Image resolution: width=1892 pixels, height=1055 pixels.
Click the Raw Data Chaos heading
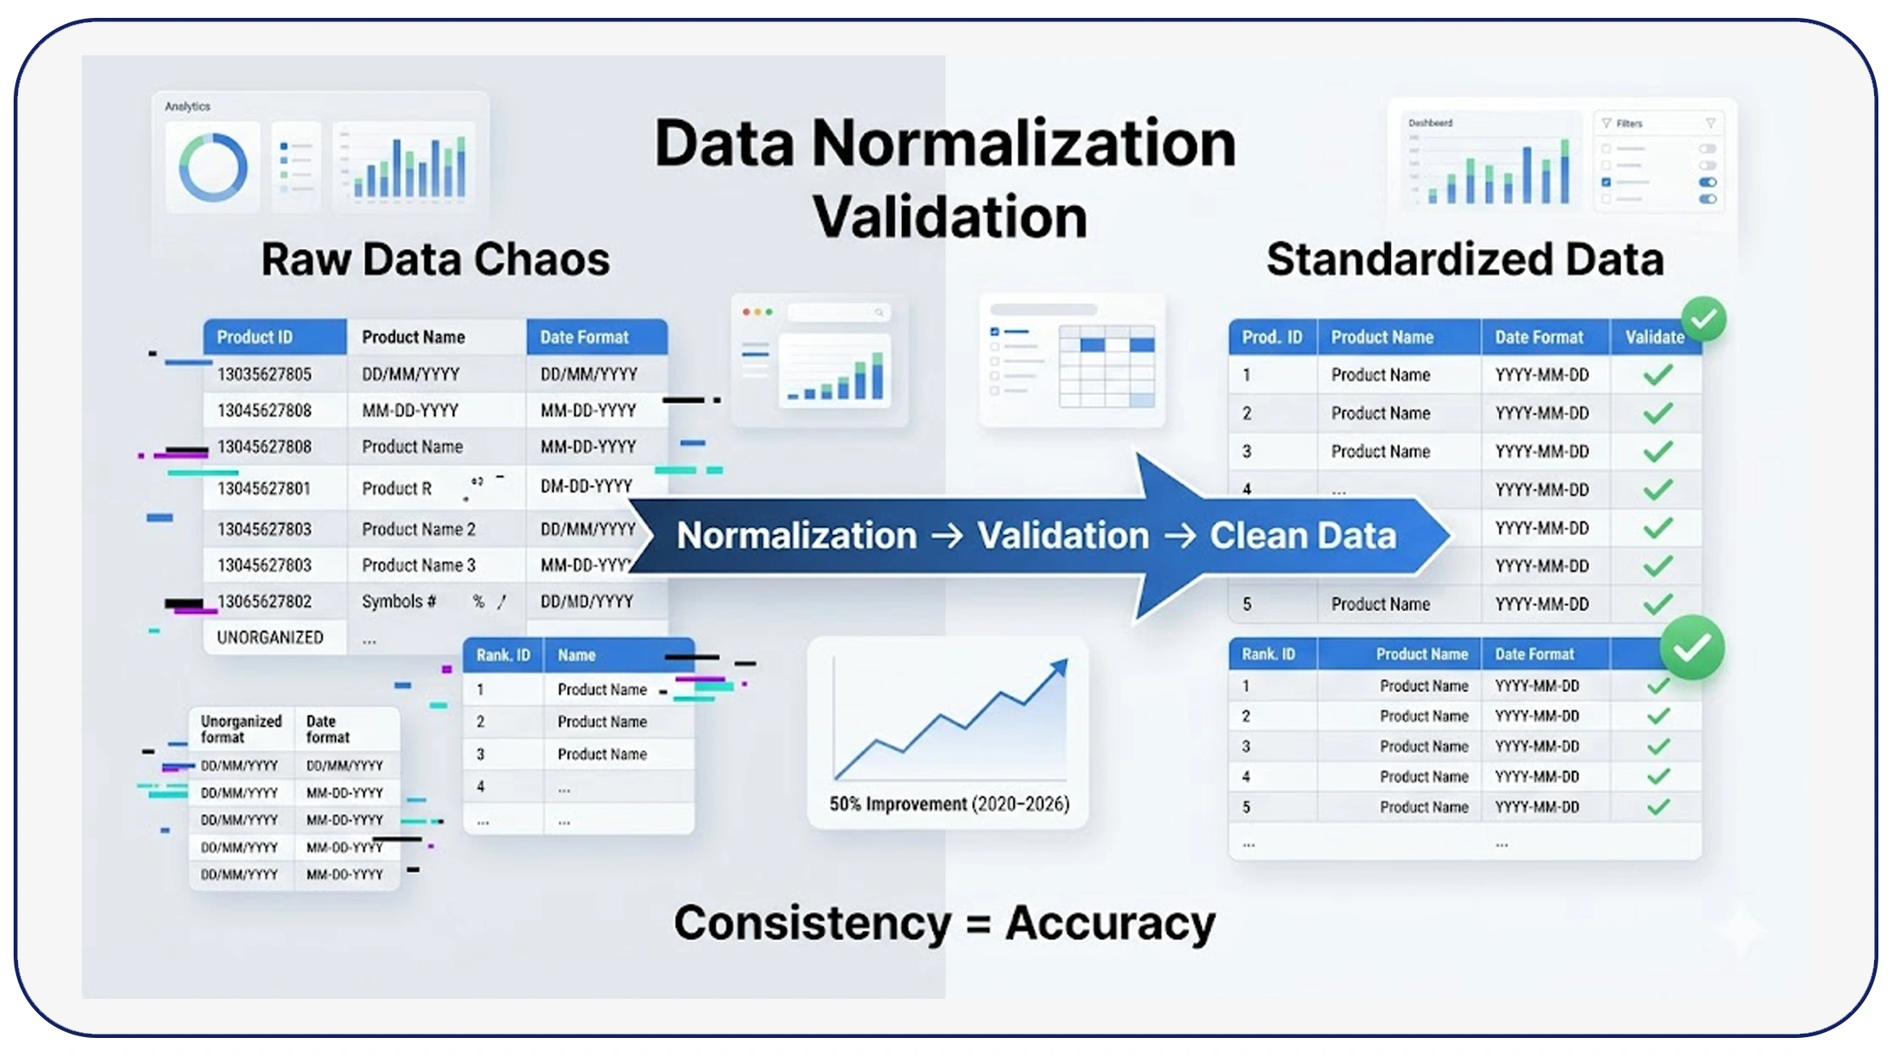tap(435, 259)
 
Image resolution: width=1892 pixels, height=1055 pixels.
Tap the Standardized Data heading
tap(1464, 259)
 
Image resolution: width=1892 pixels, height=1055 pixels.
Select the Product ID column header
tap(254, 337)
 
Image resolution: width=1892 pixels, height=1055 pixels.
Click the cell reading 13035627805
tap(264, 374)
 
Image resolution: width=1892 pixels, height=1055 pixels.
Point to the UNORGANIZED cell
tap(270, 637)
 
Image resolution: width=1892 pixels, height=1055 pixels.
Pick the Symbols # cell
tap(399, 602)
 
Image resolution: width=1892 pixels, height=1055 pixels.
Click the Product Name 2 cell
tap(418, 529)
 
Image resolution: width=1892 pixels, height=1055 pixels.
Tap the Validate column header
tap(1654, 337)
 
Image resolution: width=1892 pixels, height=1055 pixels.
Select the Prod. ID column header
tap(1272, 337)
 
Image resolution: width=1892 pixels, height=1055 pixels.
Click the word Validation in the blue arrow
tap(1062, 536)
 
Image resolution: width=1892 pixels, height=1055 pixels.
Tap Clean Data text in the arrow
tap(1303, 536)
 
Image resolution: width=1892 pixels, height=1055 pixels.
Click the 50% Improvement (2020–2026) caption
tap(949, 804)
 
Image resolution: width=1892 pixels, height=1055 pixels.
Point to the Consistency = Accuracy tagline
tap(945, 923)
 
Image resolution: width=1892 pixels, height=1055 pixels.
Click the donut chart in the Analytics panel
tap(213, 167)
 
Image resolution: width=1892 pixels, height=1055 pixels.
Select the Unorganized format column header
tap(241, 729)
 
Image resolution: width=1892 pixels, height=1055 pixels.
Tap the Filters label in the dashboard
tap(1629, 123)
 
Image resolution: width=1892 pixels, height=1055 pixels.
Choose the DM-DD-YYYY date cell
tap(586, 486)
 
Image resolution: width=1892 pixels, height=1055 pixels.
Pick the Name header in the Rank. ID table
tap(576, 655)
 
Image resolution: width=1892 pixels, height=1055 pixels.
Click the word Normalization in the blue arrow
tap(797, 536)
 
